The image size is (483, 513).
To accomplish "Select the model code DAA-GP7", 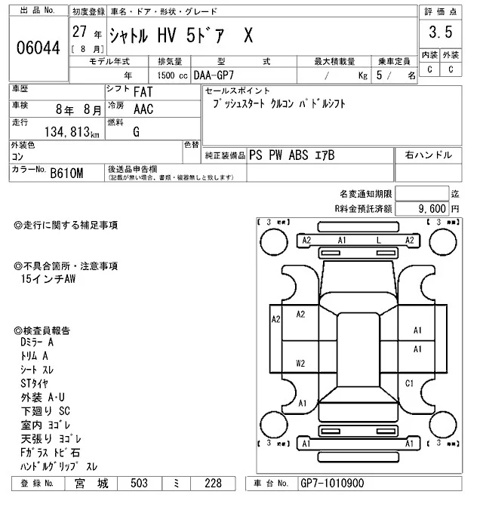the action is [x=214, y=75].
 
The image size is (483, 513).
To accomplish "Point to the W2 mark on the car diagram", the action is [x=300, y=363].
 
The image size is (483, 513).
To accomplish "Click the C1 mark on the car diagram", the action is [x=409, y=384].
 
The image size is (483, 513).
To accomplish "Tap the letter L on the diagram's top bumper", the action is [x=377, y=240].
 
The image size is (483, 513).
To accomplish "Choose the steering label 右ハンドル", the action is [x=428, y=155].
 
